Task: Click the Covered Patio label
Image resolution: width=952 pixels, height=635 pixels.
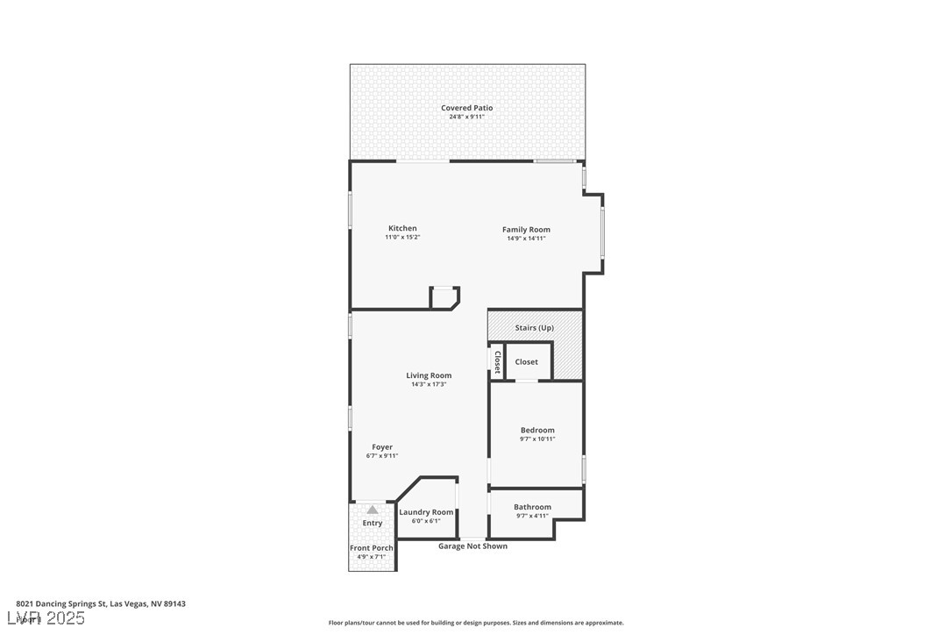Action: (x=466, y=108)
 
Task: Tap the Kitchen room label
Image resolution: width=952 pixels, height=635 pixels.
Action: (x=402, y=228)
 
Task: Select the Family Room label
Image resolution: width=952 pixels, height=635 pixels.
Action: (x=526, y=230)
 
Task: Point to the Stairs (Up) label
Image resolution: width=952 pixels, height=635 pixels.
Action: (x=534, y=328)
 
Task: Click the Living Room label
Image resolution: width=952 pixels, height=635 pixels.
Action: (x=429, y=375)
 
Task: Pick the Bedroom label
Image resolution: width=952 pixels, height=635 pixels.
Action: (x=537, y=430)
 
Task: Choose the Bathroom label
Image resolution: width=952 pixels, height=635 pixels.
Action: (x=532, y=507)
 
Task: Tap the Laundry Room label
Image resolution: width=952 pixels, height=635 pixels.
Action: (x=426, y=512)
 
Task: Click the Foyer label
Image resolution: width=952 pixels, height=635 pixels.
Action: (x=382, y=447)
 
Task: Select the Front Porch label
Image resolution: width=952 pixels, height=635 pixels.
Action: (x=372, y=548)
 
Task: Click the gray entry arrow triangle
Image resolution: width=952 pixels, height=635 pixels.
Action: (x=373, y=510)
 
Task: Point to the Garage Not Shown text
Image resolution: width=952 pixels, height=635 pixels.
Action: (x=472, y=546)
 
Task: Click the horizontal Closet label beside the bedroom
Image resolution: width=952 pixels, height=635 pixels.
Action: (x=527, y=361)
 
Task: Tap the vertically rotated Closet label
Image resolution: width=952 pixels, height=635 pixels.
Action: (x=497, y=362)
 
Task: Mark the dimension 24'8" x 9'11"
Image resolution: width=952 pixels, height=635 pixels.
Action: (x=466, y=117)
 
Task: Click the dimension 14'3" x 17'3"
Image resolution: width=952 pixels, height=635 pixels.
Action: (x=429, y=384)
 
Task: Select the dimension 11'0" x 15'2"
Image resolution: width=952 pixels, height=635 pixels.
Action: (x=402, y=238)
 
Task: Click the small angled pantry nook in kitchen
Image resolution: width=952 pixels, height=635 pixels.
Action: (x=444, y=298)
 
